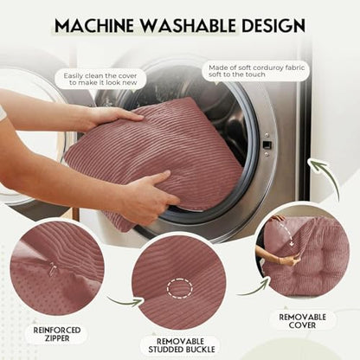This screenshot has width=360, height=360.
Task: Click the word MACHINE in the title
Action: (x=94, y=25)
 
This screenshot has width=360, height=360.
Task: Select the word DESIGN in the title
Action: (x=273, y=25)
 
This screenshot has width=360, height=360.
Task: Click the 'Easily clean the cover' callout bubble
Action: (x=100, y=79)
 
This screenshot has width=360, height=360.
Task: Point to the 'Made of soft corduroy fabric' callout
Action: (x=256, y=71)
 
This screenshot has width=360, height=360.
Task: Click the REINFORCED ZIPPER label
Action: (x=57, y=334)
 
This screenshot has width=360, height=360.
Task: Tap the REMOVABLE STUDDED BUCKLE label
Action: (x=181, y=345)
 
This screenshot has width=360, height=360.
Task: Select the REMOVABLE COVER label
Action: (x=302, y=321)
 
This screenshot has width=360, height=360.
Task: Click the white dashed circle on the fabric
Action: (x=180, y=288)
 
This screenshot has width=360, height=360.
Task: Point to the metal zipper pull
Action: (x=53, y=267)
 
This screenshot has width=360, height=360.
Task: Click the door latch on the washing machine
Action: (x=267, y=145)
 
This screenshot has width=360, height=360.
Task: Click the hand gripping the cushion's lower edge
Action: (x=149, y=194)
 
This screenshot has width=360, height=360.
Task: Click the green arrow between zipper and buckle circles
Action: (x=126, y=302)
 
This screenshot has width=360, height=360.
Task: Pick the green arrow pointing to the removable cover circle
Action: (x=254, y=289)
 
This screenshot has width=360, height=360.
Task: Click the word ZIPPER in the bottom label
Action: (x=57, y=338)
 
